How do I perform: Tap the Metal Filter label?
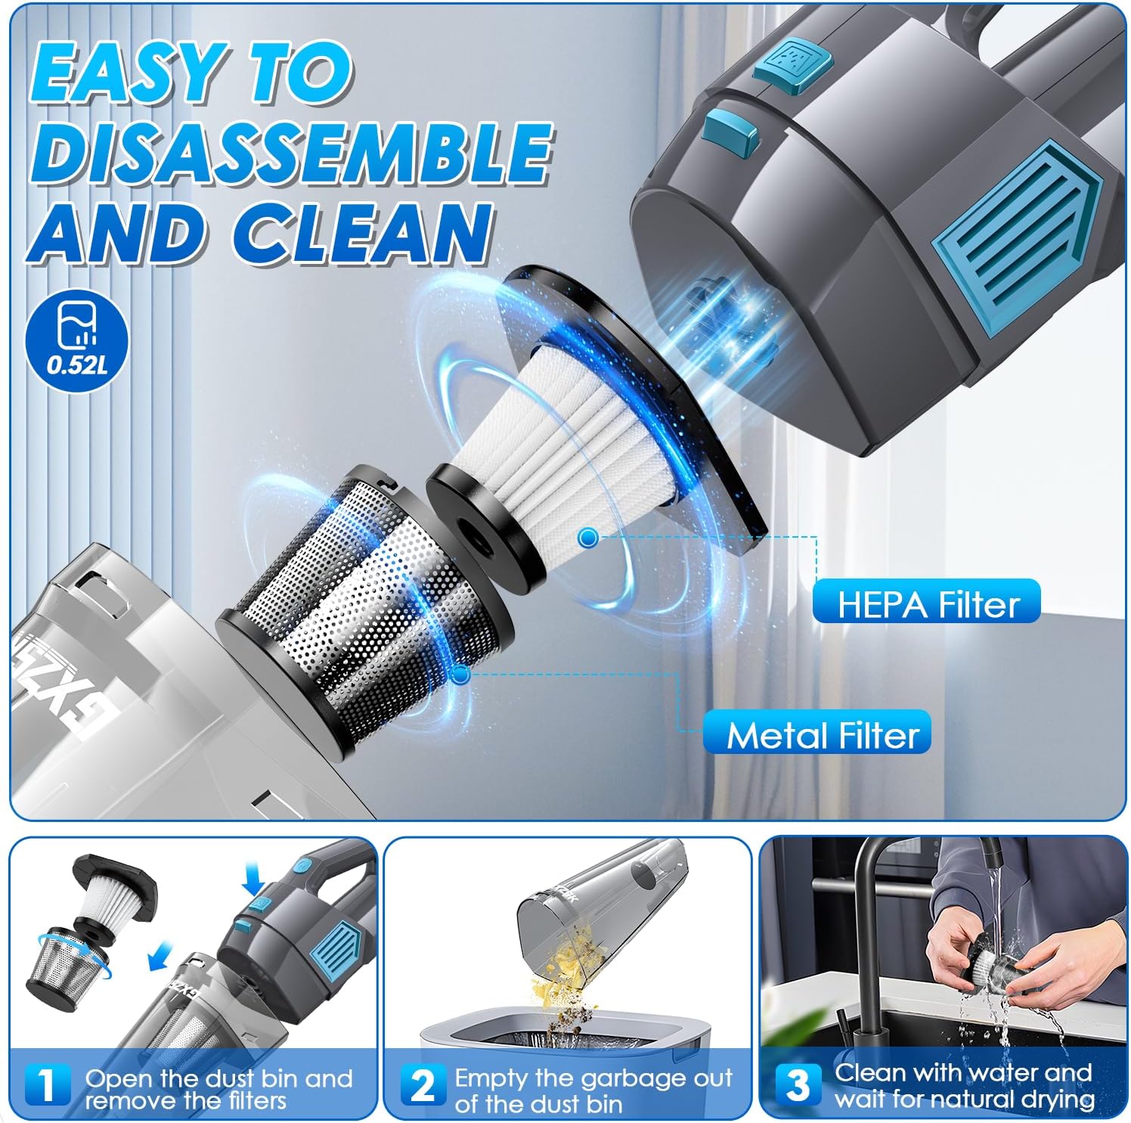click(823, 734)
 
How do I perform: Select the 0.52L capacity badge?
click(77, 343)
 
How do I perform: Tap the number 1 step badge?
click(47, 1086)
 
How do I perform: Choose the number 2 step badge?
click(423, 1086)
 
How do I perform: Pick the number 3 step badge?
click(796, 1084)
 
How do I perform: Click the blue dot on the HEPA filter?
click(587, 538)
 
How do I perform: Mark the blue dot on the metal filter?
click(460, 674)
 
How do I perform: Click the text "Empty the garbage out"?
click(594, 1077)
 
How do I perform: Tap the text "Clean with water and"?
click(962, 1072)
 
